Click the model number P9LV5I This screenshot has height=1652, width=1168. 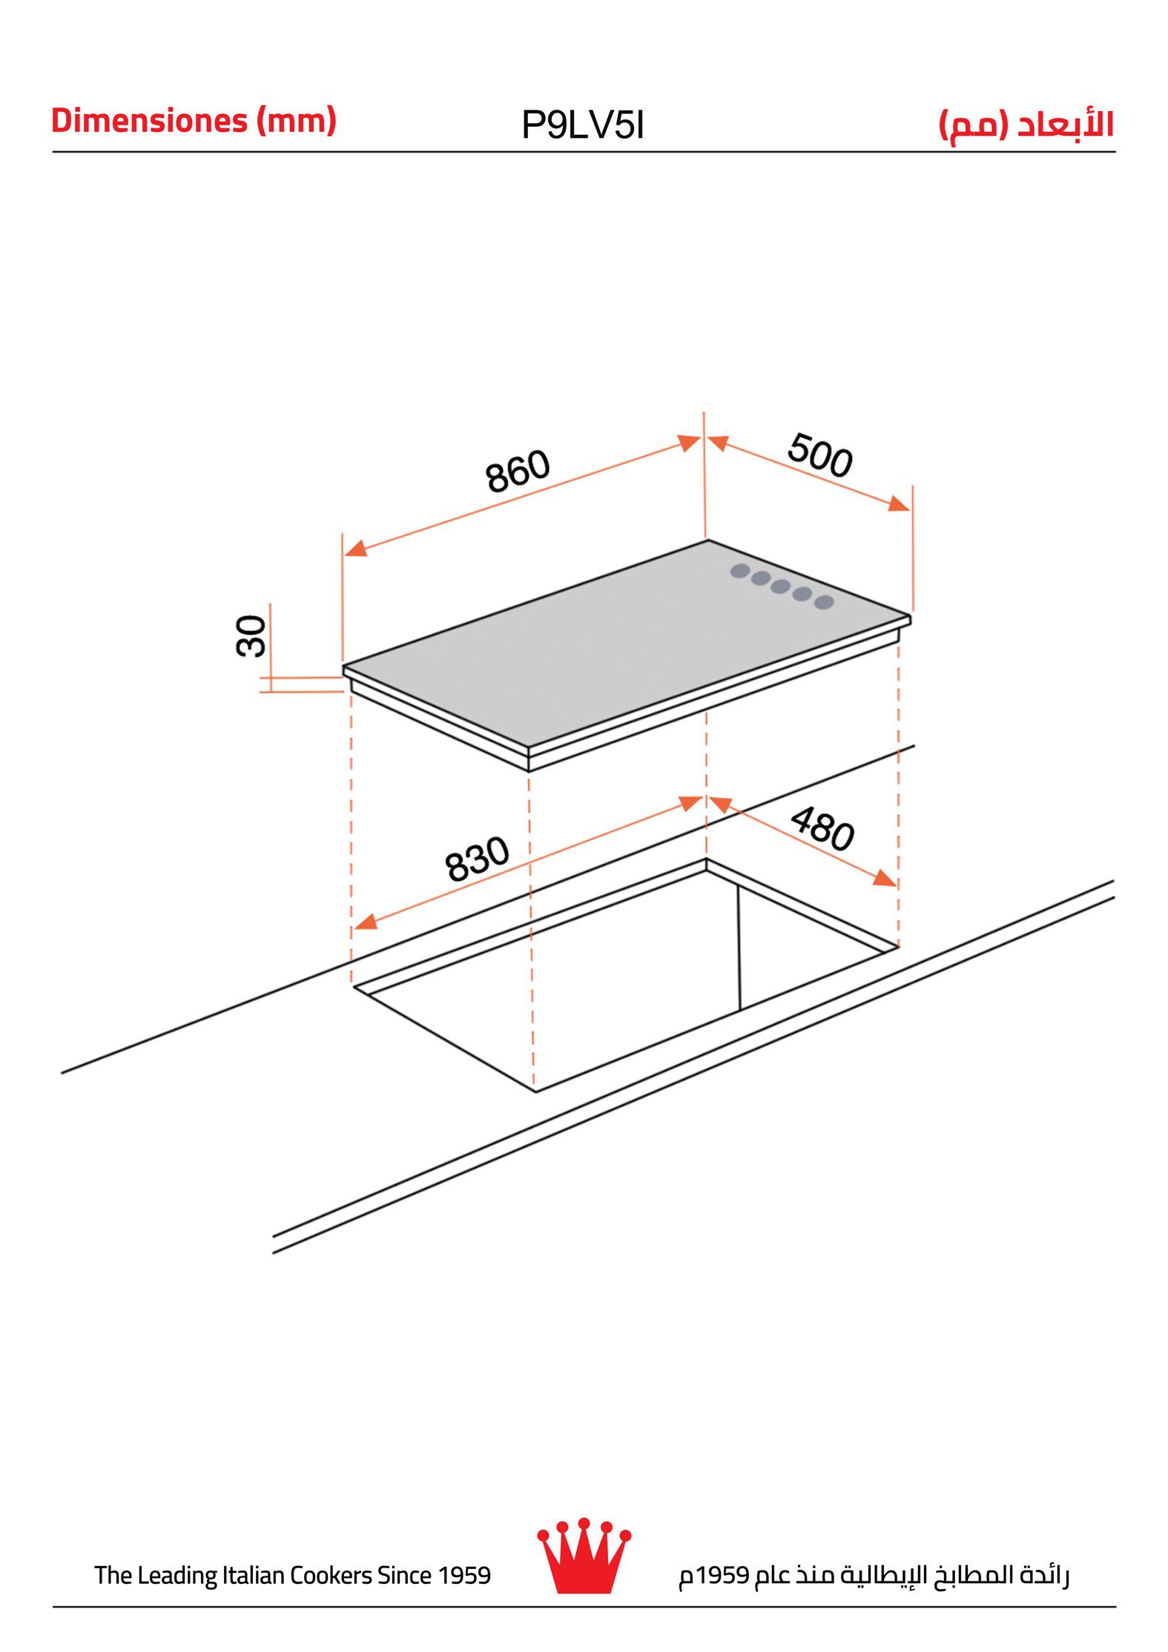(x=583, y=125)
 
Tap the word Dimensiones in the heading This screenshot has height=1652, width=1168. (x=149, y=121)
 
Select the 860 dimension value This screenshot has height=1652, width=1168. (x=518, y=471)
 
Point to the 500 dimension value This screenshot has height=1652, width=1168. (x=819, y=455)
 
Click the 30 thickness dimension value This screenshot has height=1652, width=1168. (x=251, y=635)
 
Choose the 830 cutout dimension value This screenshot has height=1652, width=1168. (x=477, y=858)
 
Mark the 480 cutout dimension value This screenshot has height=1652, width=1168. (x=822, y=828)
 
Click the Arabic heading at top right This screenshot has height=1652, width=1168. (x=1026, y=125)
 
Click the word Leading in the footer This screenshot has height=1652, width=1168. (x=177, y=1575)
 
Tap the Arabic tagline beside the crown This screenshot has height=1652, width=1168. (x=874, y=1575)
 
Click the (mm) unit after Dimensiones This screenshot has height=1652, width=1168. (x=296, y=121)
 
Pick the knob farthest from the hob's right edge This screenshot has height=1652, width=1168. (x=739, y=571)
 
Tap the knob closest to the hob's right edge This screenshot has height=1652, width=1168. (x=824, y=602)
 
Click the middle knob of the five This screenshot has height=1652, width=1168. (x=780, y=587)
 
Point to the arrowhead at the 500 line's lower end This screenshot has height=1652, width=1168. (x=899, y=504)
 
